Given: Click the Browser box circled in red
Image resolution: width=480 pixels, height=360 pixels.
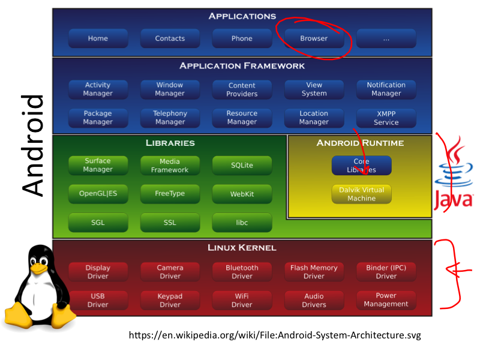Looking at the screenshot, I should pyautogui.click(x=314, y=38).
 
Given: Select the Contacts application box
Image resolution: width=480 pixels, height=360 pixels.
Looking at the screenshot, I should pyautogui.click(x=170, y=38).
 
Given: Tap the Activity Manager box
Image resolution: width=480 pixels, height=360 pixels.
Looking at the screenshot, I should pyautogui.click(x=98, y=89).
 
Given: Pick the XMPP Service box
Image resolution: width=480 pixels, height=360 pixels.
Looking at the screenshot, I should pyautogui.click(x=386, y=118).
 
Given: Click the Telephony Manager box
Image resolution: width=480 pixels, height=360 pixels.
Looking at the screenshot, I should pyautogui.click(x=170, y=118).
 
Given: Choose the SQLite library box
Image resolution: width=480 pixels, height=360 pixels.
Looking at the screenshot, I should pyautogui.click(x=242, y=165).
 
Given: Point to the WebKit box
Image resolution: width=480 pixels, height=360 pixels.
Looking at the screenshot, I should pyautogui.click(x=242, y=194).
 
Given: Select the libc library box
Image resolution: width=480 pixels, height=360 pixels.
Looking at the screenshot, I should pyautogui.click(x=242, y=222).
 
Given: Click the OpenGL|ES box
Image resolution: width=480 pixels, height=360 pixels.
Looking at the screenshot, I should pyautogui.click(x=98, y=194).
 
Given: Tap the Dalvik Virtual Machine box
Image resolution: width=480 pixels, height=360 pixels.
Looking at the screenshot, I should pyautogui.click(x=361, y=194).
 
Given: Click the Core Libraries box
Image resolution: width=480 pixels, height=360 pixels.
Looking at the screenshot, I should pyautogui.click(x=361, y=166).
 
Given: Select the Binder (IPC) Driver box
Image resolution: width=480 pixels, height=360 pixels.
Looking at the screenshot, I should pyautogui.click(x=386, y=272).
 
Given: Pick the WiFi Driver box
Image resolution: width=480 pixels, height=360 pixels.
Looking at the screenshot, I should pyautogui.click(x=242, y=300).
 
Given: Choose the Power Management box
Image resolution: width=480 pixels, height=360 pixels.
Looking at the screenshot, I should pyautogui.click(x=386, y=299).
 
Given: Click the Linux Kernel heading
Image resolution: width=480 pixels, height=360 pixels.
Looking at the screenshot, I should pyautogui.click(x=242, y=247).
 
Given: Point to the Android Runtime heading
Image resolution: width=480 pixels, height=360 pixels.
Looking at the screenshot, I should pyautogui.click(x=360, y=143).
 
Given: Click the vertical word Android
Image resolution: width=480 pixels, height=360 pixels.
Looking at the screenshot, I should pyautogui.click(x=34, y=145).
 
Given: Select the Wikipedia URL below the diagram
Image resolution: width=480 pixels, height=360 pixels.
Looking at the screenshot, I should pyautogui.click(x=275, y=335).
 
